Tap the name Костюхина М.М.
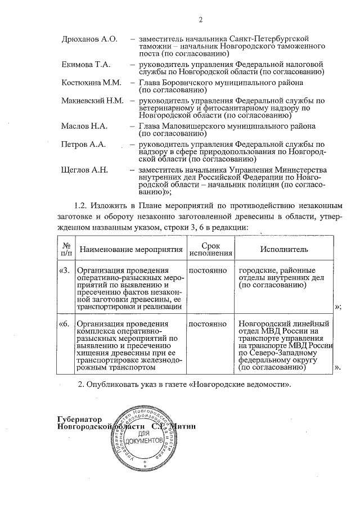click(91, 83)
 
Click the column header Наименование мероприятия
click(132, 249)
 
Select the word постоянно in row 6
click(208, 324)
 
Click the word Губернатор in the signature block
click(81, 419)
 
